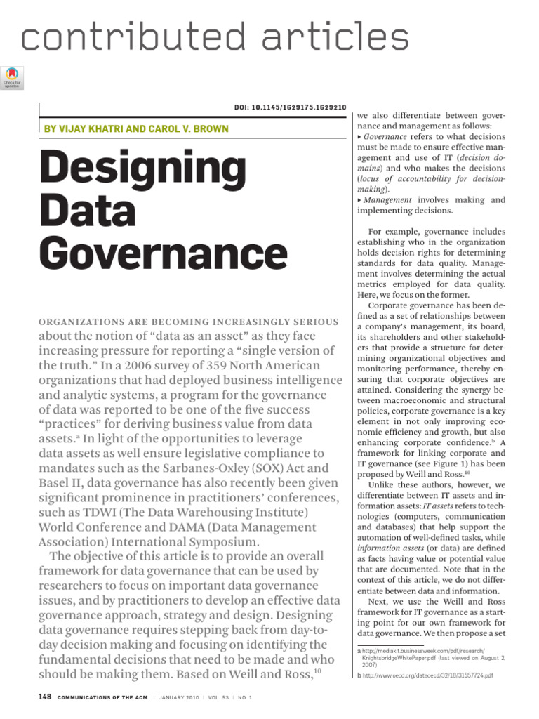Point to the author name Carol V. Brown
tap(189, 129)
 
